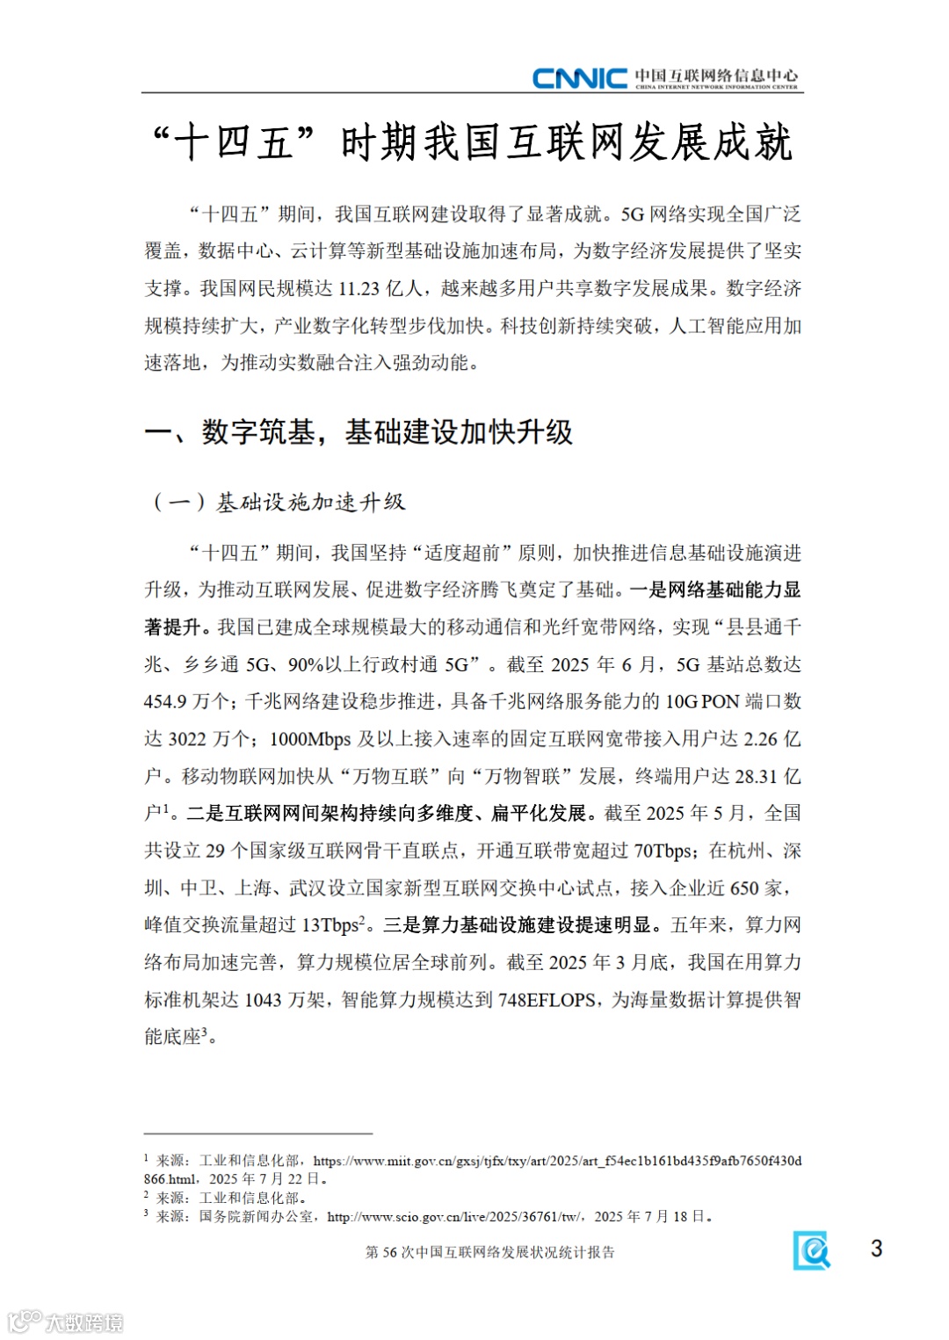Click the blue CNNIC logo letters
click(x=579, y=78)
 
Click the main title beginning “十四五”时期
click(x=473, y=143)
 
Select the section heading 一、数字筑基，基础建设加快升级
click(x=359, y=432)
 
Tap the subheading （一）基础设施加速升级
click(x=279, y=503)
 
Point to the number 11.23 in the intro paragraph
click(x=359, y=289)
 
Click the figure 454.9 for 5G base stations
click(x=165, y=702)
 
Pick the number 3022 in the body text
click(x=187, y=739)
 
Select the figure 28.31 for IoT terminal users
click(x=757, y=777)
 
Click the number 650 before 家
click(x=744, y=888)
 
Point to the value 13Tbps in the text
click(x=330, y=926)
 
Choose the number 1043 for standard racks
click(x=263, y=1000)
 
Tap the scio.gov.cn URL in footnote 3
click(x=453, y=1217)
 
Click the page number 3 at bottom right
click(x=876, y=1249)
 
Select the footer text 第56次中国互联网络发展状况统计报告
click(x=489, y=1252)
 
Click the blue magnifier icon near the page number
click(x=812, y=1250)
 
